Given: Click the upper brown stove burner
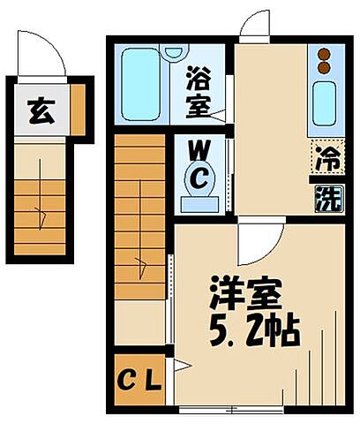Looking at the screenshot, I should pyautogui.click(x=324, y=52).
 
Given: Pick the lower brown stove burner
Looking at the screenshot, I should pyautogui.click(x=324, y=66).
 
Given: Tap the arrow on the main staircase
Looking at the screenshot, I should pyautogui.click(x=139, y=260).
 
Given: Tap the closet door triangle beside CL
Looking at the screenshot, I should pyautogui.click(x=180, y=365).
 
